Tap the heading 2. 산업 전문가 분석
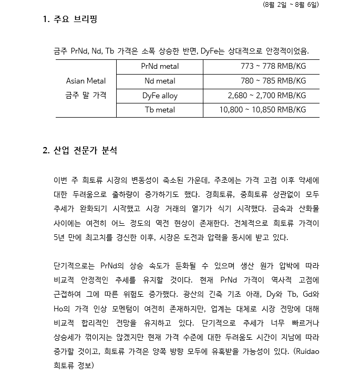(x=79, y=151)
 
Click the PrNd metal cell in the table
(x=160, y=67)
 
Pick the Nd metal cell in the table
(x=160, y=81)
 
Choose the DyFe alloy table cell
(x=160, y=96)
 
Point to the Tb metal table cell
(x=160, y=110)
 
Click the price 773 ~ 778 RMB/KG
(x=273, y=67)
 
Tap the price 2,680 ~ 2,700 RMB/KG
(x=266, y=96)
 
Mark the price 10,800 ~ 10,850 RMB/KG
(x=262, y=110)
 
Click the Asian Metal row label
(x=86, y=81)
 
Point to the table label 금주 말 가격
(x=86, y=95)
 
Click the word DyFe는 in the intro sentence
(x=213, y=51)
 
